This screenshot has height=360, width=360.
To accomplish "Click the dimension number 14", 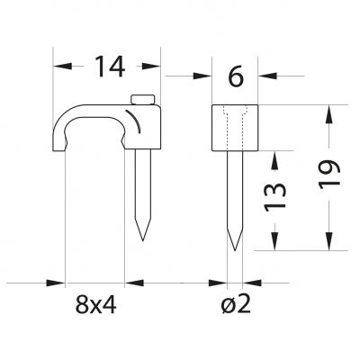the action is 110,67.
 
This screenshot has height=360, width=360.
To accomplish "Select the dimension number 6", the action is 236,76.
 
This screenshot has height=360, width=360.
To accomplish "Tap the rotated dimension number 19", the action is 329,175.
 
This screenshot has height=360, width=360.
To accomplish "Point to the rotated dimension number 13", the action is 274,196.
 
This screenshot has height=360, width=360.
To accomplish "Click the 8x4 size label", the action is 95,303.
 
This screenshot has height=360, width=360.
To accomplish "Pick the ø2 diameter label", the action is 236,303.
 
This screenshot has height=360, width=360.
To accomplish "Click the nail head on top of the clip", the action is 142,100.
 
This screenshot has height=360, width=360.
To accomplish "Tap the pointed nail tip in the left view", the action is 143,240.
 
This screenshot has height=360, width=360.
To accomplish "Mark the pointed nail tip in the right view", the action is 235,250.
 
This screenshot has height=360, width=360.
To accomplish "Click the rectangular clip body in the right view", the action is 235,128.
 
